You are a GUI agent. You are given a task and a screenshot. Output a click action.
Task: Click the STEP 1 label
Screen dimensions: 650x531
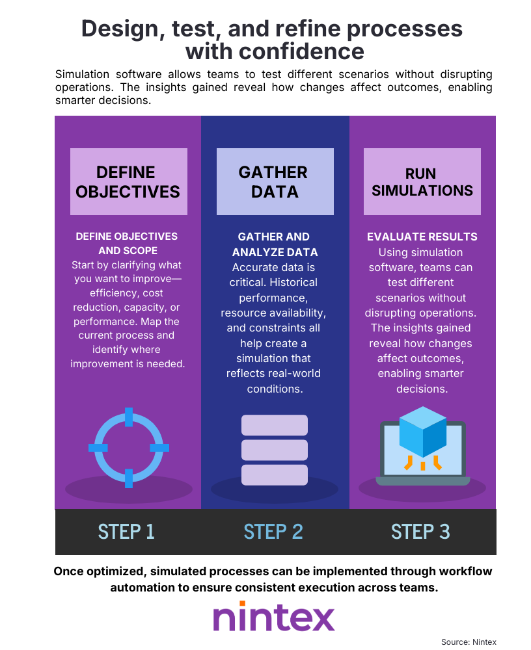(x=126, y=531)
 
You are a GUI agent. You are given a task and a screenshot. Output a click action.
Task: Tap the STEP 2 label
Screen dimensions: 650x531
(x=273, y=531)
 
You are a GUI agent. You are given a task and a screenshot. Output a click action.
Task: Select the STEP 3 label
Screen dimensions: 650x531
(x=420, y=531)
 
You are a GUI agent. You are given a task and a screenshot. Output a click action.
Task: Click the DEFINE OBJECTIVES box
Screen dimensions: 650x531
(x=128, y=181)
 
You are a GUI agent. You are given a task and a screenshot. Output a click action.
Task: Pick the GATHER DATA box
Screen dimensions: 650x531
(x=275, y=181)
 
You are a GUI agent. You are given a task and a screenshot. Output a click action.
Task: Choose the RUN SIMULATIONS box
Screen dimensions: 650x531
(x=422, y=181)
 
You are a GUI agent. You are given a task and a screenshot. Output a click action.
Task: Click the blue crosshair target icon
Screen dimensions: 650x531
(x=128, y=447)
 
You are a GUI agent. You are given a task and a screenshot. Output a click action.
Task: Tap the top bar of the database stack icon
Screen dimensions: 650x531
(x=274, y=425)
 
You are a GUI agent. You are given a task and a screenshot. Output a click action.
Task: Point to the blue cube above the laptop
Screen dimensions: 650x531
(x=422, y=432)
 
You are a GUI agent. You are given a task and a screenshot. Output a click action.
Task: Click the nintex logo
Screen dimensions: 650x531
(x=273, y=616)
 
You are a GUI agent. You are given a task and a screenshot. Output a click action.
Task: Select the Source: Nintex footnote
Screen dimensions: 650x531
(x=469, y=642)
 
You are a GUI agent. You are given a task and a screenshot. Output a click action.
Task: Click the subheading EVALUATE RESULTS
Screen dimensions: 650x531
(x=422, y=237)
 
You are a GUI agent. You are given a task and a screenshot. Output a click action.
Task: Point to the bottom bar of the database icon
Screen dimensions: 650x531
(x=274, y=474)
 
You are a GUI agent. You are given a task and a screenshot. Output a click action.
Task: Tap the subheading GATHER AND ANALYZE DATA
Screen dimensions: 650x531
(x=274, y=244)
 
